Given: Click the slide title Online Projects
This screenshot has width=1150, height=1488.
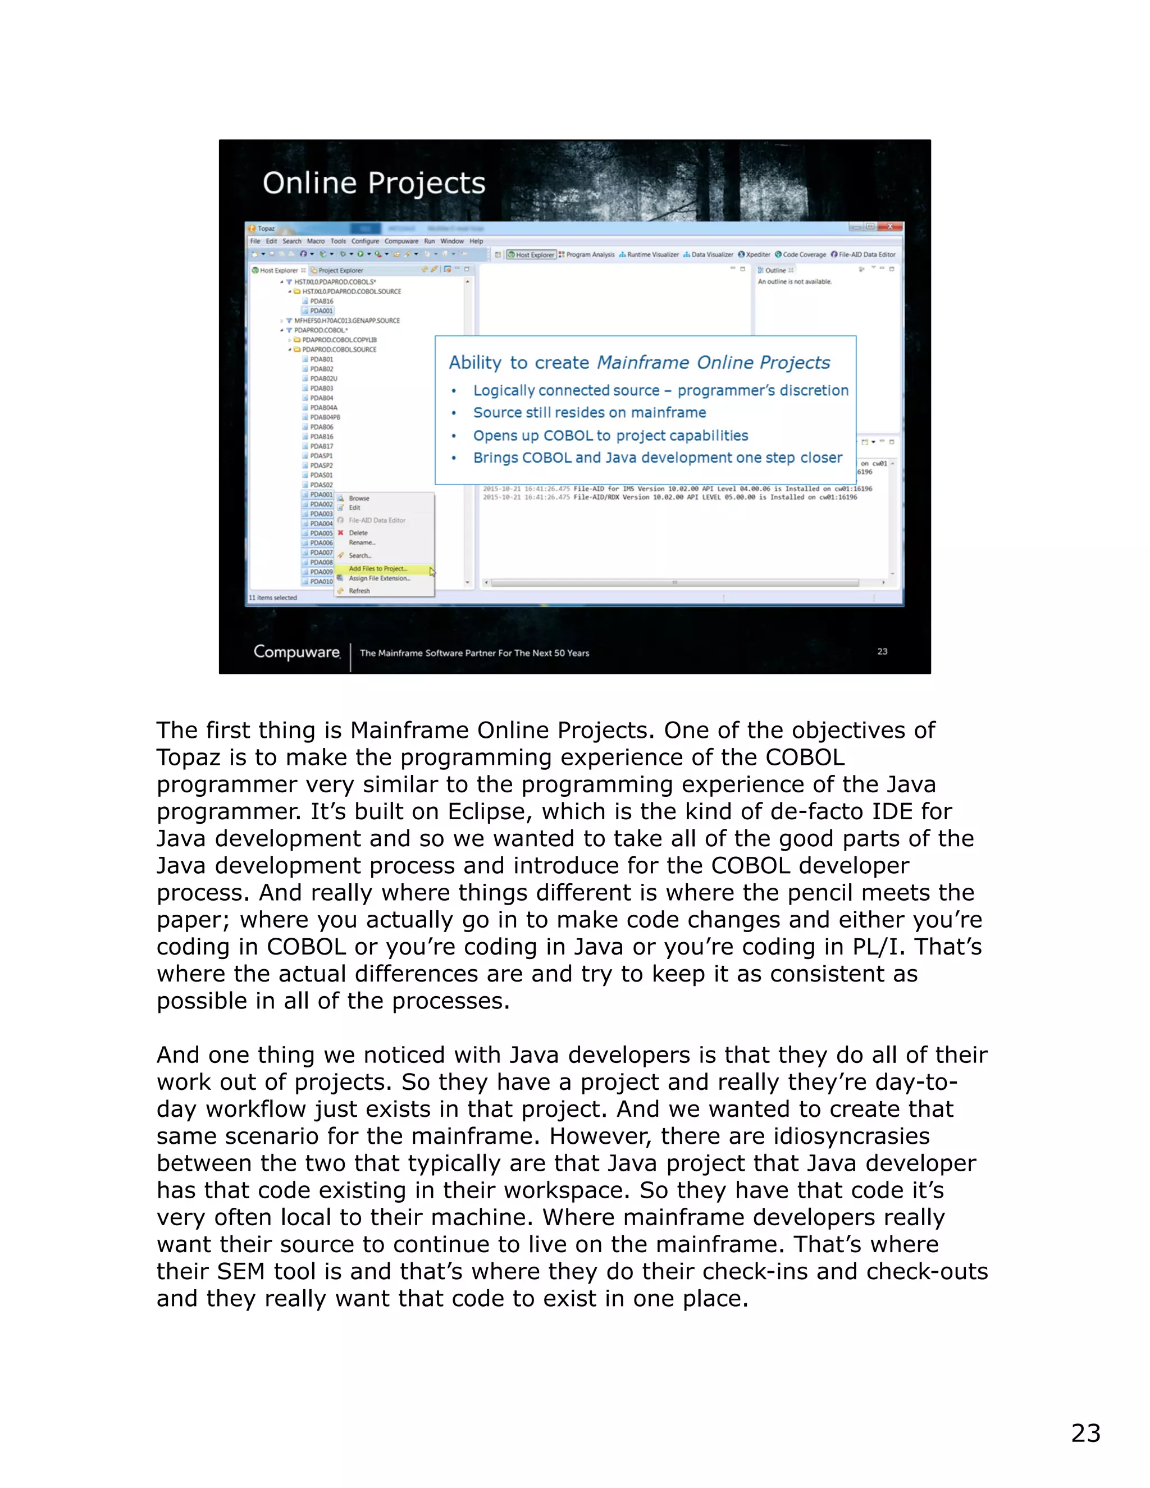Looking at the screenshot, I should (373, 182).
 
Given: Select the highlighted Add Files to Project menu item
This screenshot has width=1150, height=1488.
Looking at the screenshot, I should (377, 568).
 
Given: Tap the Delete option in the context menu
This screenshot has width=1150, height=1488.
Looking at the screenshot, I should (358, 533).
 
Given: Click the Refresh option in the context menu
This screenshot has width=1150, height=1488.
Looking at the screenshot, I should (359, 591).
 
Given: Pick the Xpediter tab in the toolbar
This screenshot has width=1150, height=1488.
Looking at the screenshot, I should (757, 255).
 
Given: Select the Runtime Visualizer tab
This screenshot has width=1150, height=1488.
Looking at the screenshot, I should (652, 255).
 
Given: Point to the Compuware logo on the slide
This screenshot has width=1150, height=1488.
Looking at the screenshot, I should (296, 652).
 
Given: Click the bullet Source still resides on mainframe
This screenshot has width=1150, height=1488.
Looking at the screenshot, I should (589, 412).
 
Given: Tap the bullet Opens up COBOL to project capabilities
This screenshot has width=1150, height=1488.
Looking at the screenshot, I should (610, 435).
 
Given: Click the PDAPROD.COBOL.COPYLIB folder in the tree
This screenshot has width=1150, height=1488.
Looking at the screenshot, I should (339, 340).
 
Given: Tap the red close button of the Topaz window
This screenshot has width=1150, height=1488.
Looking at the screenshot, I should (890, 227).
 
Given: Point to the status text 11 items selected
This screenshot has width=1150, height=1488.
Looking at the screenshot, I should (272, 597).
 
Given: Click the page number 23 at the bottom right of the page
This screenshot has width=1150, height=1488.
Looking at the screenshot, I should (1085, 1433).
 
